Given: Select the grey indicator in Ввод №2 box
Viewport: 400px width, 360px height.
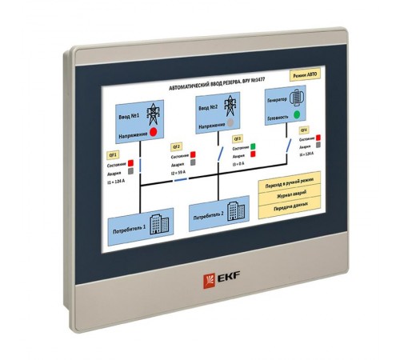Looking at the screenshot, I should click(231, 124).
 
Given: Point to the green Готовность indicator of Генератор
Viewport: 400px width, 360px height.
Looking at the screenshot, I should click(298, 116).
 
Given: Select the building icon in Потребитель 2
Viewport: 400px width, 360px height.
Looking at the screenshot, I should click(233, 210).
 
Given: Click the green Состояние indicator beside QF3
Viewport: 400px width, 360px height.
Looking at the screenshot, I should click(252, 147).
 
